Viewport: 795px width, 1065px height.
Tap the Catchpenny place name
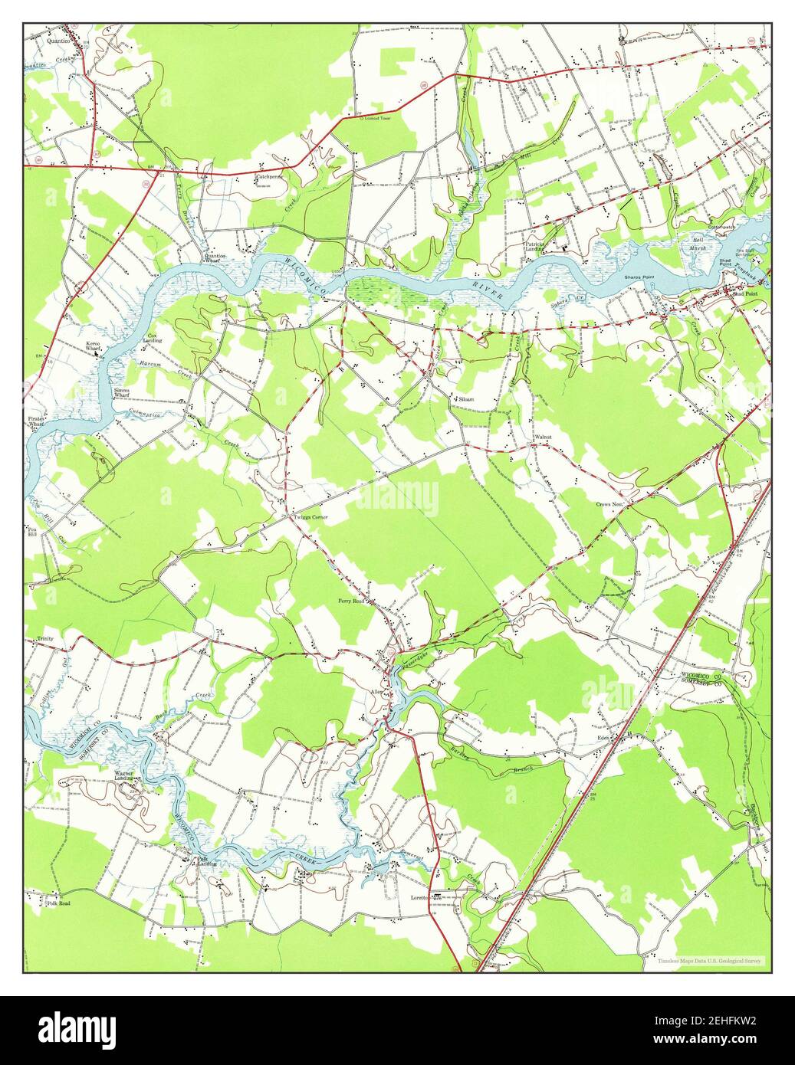coord(269,175)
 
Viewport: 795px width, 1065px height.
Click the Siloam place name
coord(466,399)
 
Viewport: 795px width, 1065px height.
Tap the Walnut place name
coord(544,437)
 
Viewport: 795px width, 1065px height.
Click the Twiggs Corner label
coord(310,517)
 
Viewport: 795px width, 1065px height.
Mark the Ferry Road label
coord(353,601)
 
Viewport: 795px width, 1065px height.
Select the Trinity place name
coord(48,638)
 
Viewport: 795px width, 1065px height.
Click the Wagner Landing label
coord(125,775)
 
